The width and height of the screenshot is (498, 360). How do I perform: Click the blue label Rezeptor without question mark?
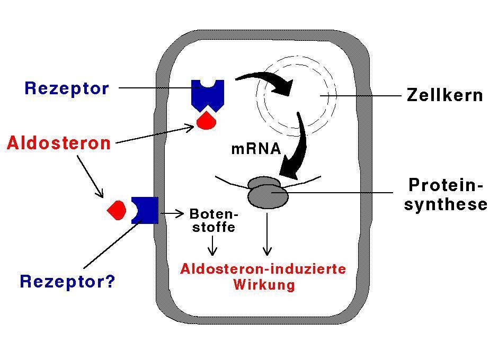(x=67, y=88)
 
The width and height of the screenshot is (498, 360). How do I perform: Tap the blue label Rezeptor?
(x=67, y=281)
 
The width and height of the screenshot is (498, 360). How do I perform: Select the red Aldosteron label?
(x=59, y=143)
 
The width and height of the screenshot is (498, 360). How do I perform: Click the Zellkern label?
(x=445, y=95)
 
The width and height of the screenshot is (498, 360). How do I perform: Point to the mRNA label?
(x=256, y=149)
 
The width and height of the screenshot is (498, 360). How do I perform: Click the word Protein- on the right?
(x=446, y=185)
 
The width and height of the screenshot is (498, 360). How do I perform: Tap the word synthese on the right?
(x=445, y=204)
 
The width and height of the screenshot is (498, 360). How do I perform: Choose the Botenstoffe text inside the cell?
(x=214, y=221)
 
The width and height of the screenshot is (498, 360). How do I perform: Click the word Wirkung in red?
(x=264, y=285)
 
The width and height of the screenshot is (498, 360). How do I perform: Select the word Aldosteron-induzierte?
(x=263, y=269)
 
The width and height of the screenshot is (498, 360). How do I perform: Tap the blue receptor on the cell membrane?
(x=146, y=210)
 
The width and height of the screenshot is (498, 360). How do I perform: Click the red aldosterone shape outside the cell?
(x=117, y=210)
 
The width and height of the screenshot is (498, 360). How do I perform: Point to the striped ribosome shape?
(x=268, y=192)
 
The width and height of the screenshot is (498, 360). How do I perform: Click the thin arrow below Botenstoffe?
(x=213, y=246)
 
